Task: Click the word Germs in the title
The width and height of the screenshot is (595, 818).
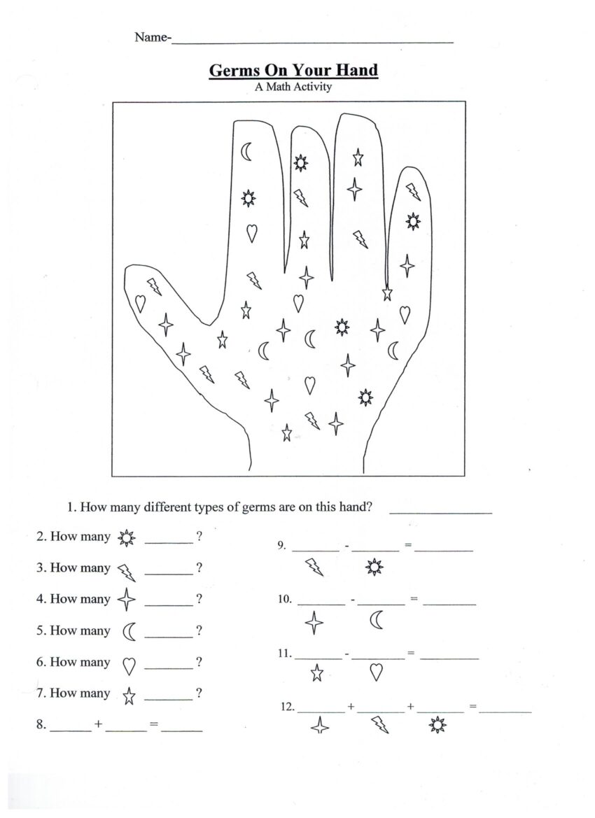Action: coord(233,70)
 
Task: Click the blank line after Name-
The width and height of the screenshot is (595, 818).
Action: coord(312,42)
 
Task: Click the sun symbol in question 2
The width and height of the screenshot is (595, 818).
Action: coord(127,538)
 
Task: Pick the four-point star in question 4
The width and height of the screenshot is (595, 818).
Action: coord(126,600)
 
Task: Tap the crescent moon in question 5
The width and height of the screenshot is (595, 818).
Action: coord(129,632)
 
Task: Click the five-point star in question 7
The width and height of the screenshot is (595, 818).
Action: coord(129,696)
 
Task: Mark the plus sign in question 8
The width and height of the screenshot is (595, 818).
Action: coord(99,725)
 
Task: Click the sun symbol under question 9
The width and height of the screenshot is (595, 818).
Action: coord(374,567)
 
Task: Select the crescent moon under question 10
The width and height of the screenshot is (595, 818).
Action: coord(377,620)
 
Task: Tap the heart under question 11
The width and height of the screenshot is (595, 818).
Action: coord(376,672)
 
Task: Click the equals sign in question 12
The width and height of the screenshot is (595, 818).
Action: coord(473,707)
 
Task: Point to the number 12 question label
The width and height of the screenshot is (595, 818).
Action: coord(287,707)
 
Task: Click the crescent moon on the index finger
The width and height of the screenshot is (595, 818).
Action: coord(246,150)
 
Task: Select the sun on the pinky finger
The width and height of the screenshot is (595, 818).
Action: coord(414,221)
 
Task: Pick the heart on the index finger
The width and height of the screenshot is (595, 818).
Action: coord(251,232)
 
